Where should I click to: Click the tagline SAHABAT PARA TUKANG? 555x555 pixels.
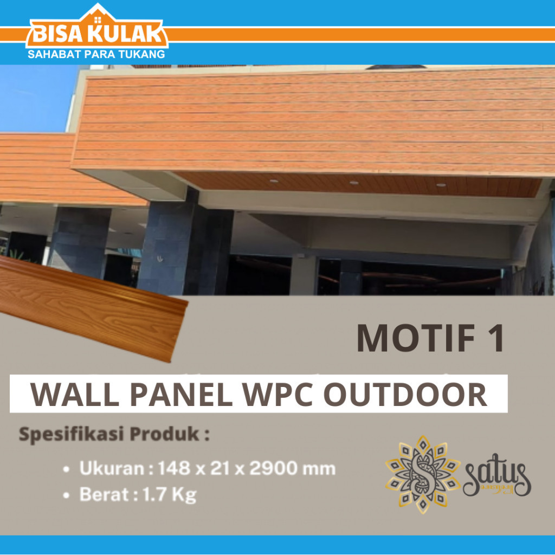tap(96, 54)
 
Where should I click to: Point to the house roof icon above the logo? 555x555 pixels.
tap(98, 14)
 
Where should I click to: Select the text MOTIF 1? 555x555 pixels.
tap(430, 339)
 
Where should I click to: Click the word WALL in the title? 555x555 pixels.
tap(74, 395)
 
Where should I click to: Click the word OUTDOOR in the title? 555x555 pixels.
tap(405, 395)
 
